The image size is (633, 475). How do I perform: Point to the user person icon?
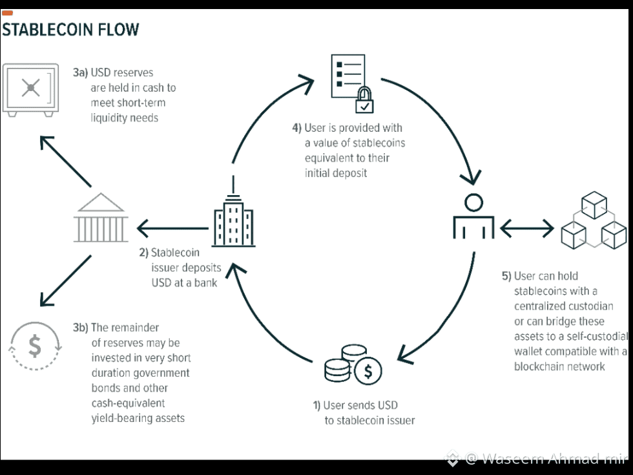(473, 216)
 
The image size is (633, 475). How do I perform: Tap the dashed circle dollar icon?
(35, 346)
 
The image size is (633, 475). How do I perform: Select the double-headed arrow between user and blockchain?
(526, 227)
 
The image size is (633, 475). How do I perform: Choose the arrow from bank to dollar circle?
(65, 280)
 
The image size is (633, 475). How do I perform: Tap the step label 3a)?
(80, 72)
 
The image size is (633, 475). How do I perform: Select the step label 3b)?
(80, 328)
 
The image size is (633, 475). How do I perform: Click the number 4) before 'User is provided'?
(296, 128)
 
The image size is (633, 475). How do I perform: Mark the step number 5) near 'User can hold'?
(506, 276)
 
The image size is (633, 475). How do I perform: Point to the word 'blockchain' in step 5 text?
(539, 366)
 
